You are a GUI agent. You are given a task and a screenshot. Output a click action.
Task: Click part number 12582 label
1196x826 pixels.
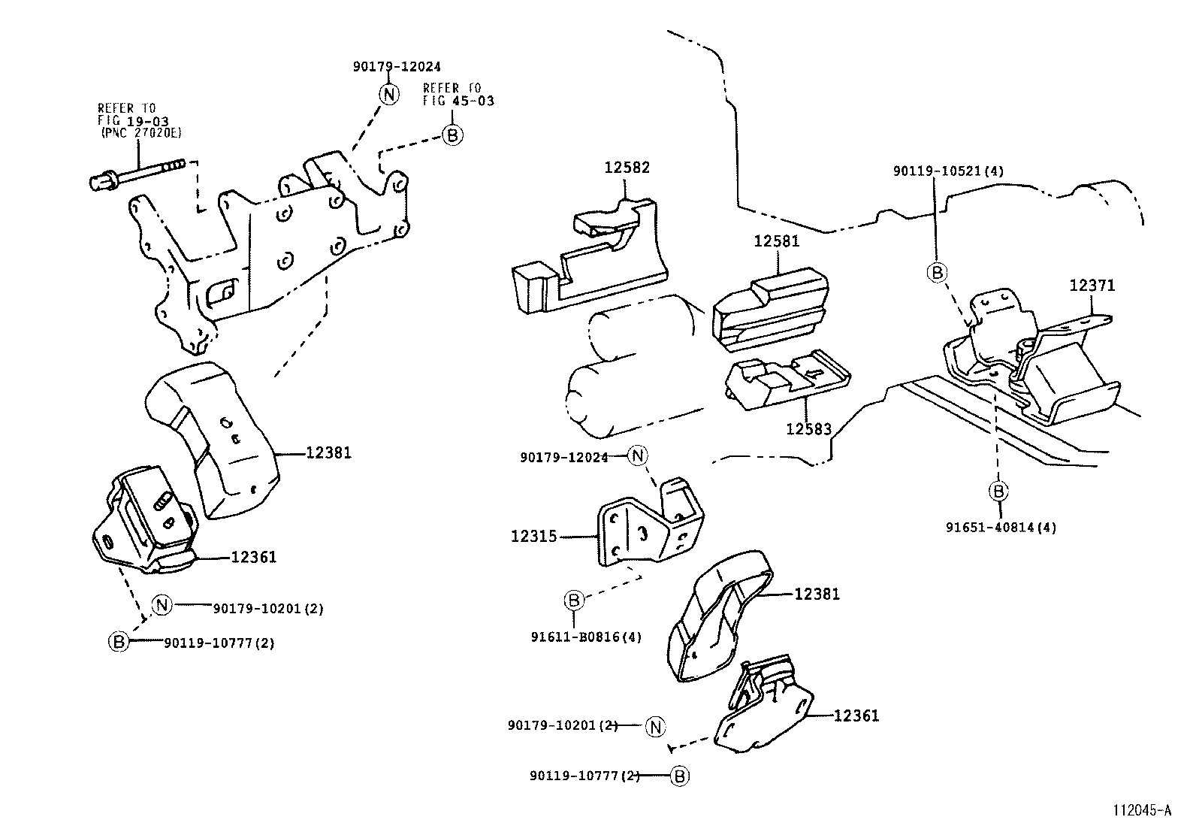[x=627, y=168]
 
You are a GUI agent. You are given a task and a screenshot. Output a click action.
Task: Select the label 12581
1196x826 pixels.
[x=777, y=241]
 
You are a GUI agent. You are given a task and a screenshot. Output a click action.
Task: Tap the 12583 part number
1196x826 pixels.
[x=808, y=429]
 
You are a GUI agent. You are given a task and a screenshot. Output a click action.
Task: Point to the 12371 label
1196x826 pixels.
[x=1092, y=286]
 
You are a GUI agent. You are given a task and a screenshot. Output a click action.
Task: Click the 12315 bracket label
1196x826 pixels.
[x=533, y=537]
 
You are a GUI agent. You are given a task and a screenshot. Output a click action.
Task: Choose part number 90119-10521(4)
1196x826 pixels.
[x=948, y=171]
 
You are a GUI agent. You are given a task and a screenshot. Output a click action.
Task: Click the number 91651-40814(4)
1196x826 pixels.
[x=1001, y=528]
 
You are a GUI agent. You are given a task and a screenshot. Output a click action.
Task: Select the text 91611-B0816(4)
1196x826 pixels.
[x=586, y=637]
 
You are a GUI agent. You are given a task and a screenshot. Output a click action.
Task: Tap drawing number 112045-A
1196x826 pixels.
[x=1143, y=810]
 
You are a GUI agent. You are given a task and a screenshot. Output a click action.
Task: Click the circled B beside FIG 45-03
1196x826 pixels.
[x=453, y=135]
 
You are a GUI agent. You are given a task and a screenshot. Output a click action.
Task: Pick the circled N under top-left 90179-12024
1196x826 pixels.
[x=388, y=94]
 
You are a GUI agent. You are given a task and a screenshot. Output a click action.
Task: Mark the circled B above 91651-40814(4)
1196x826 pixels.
[x=998, y=492]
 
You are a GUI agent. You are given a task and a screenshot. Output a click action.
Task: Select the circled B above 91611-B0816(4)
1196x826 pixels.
[x=573, y=600]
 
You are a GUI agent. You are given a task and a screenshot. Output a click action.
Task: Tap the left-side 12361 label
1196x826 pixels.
[x=253, y=557]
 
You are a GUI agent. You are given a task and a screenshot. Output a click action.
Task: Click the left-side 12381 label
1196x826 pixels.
[x=328, y=452]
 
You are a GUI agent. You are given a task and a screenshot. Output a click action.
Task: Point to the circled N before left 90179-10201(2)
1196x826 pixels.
[x=162, y=604]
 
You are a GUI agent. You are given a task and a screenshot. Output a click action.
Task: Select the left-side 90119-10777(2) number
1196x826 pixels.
[x=219, y=643]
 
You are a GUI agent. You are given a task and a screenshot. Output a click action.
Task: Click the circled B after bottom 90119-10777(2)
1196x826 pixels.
[x=678, y=776]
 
